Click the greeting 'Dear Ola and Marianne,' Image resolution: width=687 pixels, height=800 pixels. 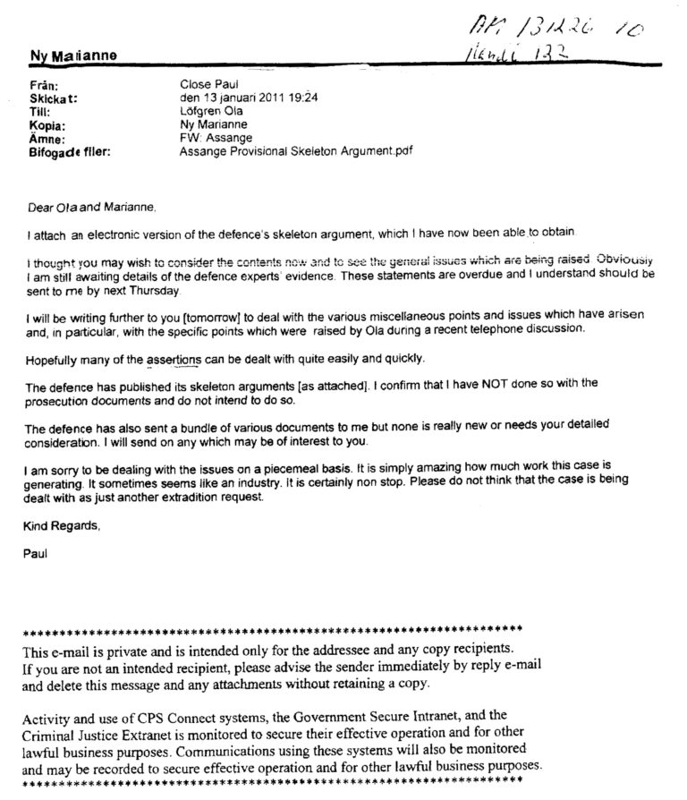[x=91, y=209]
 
